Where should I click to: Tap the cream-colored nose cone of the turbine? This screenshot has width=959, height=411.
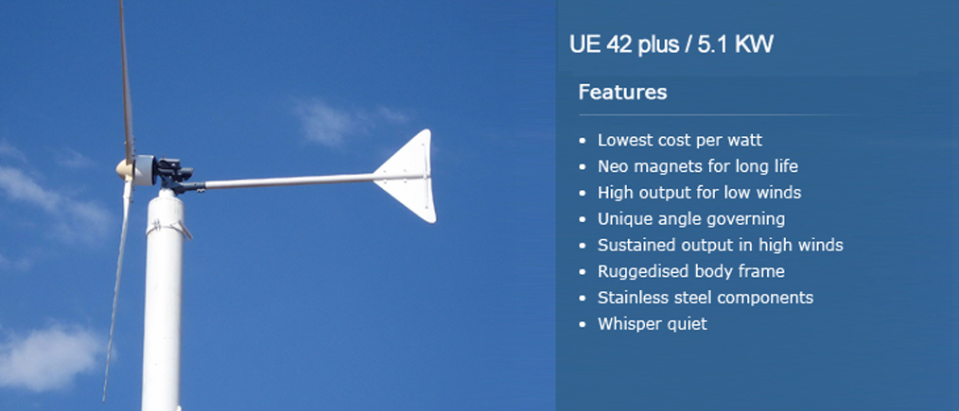coord(124,168)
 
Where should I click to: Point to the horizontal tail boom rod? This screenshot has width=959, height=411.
coord(288,181)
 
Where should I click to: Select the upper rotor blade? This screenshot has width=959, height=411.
coord(126,79)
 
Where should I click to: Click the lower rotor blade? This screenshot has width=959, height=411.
coord(118,287)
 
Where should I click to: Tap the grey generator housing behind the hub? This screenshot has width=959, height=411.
coord(143,170)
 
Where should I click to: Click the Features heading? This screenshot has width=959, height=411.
coord(622,93)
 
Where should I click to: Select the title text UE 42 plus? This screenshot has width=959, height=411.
coord(623,44)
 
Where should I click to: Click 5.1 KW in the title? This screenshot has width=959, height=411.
coord(735,44)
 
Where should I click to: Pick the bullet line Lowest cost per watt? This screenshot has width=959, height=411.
coord(680,140)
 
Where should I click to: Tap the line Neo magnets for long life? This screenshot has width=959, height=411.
coord(698,166)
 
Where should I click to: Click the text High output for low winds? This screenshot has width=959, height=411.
coord(699,193)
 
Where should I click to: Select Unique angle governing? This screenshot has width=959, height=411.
coord(691,218)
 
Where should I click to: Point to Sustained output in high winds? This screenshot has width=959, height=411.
coord(721,245)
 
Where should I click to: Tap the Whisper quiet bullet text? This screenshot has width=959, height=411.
coord(652,324)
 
